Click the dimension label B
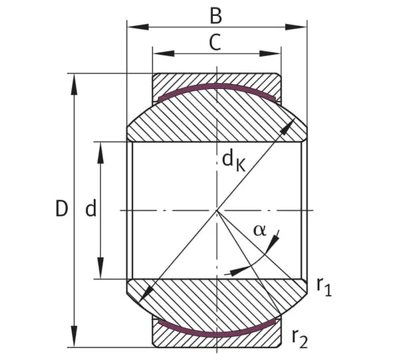215,16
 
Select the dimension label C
215,43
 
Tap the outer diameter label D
62,209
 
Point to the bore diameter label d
91,207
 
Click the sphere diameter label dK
233,161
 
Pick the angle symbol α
259,230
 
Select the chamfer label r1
325,287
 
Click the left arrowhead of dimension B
138,27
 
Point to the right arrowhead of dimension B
296,27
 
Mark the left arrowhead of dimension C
164,54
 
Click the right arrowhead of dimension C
270,54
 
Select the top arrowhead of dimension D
74,84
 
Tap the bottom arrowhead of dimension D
74,336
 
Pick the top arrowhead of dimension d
101,153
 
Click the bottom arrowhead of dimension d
101,268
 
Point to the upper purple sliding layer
217,86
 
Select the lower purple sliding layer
217,334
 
